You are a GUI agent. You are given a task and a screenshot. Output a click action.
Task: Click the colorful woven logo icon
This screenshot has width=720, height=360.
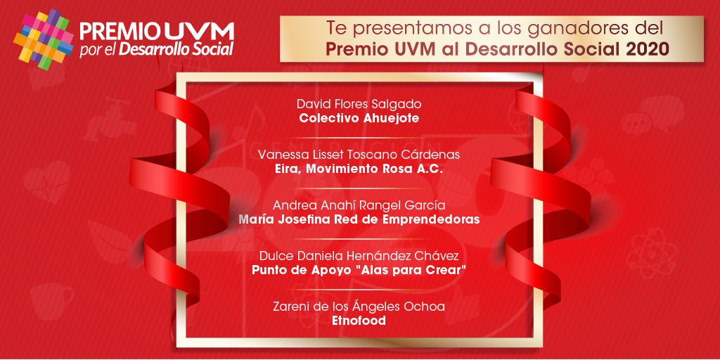point(44,40)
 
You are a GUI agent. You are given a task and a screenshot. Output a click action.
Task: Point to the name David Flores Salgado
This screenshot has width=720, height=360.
point(359,103)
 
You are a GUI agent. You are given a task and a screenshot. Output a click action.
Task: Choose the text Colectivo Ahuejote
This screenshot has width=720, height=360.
point(359,118)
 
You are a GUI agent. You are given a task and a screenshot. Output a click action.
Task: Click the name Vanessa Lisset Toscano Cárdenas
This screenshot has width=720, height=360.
point(359,154)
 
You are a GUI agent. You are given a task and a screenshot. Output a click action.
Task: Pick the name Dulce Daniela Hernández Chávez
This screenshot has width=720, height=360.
point(359,255)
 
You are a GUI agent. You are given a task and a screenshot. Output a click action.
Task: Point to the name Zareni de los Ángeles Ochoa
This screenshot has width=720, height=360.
point(359,306)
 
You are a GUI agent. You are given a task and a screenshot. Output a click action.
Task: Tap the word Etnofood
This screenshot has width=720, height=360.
point(359,321)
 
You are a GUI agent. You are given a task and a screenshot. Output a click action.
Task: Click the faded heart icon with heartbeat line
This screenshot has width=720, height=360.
point(46,182)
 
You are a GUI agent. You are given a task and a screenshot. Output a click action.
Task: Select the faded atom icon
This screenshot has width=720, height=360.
point(651,251)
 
